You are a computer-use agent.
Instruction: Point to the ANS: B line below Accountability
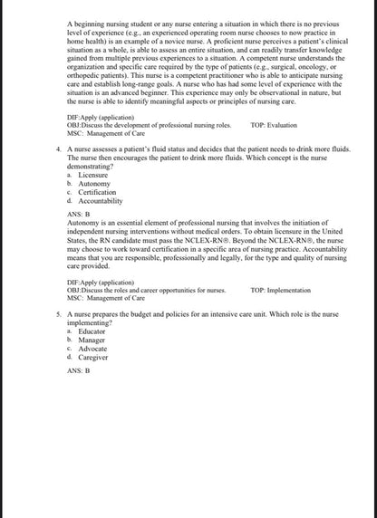(x=79, y=215)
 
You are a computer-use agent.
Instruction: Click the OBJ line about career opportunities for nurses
(x=147, y=290)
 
